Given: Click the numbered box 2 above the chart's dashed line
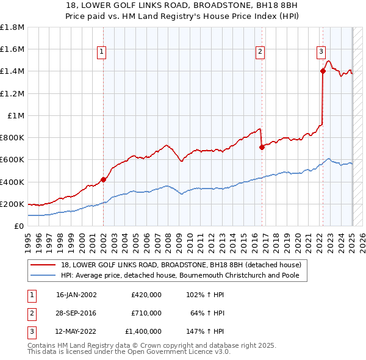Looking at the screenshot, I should pos(260,52).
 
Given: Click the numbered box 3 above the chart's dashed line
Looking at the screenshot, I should pos(321,52).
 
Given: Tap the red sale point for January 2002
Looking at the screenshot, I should pos(103,179).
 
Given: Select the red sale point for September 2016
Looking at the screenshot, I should pos(261,147).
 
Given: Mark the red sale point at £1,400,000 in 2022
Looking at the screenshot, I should pos(323,71).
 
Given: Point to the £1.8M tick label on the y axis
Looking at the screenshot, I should pos(12,27).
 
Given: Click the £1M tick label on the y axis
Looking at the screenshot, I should pos(16,115).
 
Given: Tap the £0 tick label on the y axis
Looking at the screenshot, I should pos(19,226).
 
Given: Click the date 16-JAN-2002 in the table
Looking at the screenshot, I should pos(76,295).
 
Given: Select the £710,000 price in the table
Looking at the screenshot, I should pos(146,313).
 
